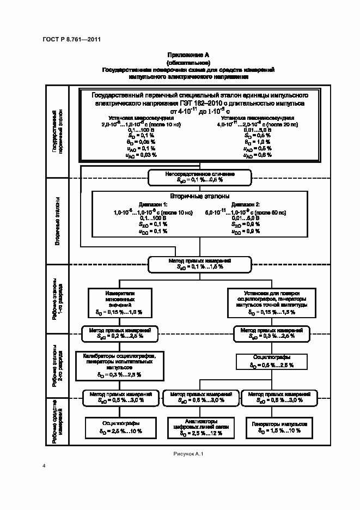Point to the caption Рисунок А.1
click(x=187, y=453)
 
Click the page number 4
click(x=44, y=466)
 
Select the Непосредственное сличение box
click(x=199, y=176)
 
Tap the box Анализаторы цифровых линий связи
click(x=198, y=426)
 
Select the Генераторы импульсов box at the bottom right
click(x=276, y=426)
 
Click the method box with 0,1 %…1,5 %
click(x=199, y=264)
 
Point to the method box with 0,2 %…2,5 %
click(x=120, y=333)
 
